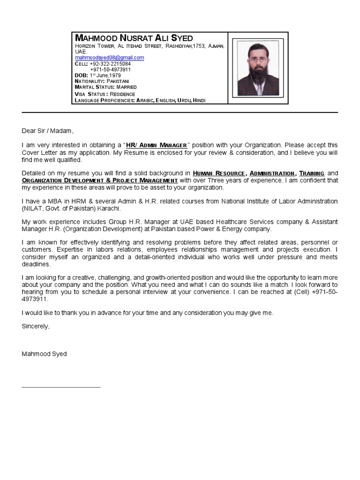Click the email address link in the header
109,58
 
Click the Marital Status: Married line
105,88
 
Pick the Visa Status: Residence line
105,94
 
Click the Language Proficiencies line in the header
140,100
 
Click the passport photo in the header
258,68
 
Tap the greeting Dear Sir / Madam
47,131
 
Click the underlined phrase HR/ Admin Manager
157,145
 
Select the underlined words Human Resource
218,173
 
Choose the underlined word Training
312,173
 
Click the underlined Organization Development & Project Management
99,180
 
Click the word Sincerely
35,326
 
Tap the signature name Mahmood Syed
44,354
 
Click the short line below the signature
61,387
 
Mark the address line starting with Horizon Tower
150,46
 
